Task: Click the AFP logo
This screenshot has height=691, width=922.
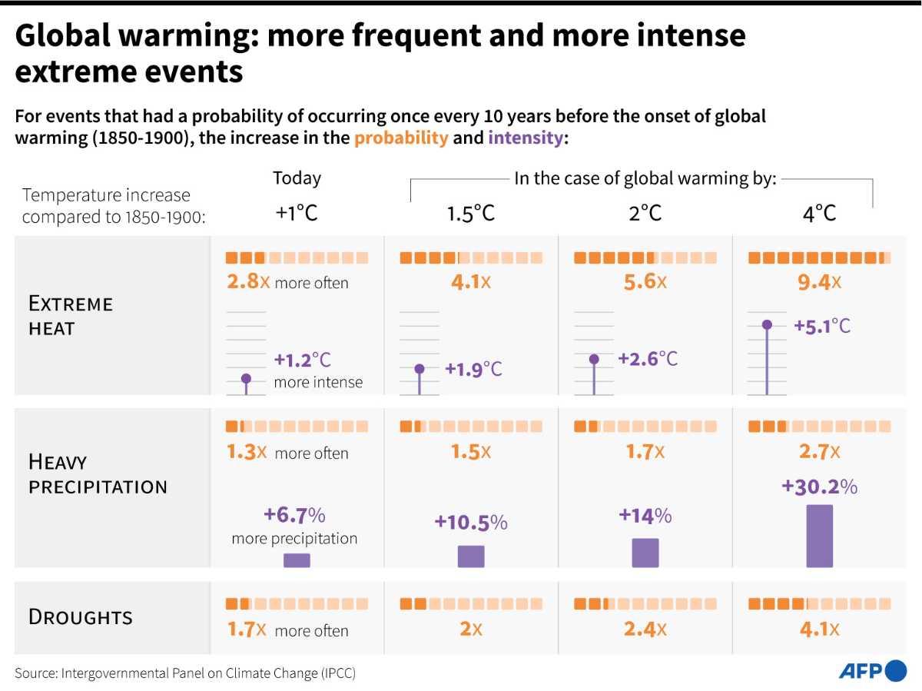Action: [872, 670]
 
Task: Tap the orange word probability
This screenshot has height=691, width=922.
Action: [401, 138]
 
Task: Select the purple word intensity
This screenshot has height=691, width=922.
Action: [526, 138]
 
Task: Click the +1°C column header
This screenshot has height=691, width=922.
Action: [297, 213]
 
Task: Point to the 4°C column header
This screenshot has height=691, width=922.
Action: [819, 214]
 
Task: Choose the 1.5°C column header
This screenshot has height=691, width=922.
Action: [470, 214]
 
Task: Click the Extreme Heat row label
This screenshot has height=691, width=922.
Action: [71, 315]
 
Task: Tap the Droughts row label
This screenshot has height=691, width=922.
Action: [80, 617]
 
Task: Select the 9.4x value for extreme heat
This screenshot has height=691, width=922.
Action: [819, 282]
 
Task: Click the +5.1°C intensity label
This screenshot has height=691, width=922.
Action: [822, 326]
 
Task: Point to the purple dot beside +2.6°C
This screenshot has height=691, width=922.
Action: [594, 359]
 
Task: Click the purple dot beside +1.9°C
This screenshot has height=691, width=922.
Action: [420, 369]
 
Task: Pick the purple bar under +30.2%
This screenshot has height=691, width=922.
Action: [820, 536]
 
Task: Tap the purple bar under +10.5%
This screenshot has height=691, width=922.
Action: [471, 556]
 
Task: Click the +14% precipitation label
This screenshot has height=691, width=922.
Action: [645, 516]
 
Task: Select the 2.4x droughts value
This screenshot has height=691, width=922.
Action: [645, 630]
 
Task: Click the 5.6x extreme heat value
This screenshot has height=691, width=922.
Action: [645, 281]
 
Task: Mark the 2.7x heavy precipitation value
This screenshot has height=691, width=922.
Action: [819, 451]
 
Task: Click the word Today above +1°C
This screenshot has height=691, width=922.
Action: [297, 178]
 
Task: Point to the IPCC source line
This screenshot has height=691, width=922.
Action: [185, 673]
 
